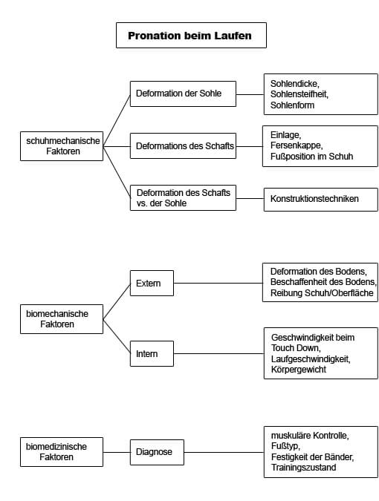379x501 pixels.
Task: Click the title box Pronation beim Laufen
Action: point(191,35)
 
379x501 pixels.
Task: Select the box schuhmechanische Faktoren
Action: point(62,146)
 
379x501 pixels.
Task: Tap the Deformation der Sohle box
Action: point(183,94)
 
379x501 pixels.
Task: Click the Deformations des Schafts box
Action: point(183,146)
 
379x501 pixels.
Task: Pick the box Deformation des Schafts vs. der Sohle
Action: point(183,197)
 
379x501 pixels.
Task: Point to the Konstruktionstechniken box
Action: point(320,200)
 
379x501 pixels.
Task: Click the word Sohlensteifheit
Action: point(299,94)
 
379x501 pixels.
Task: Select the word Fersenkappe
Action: point(297,145)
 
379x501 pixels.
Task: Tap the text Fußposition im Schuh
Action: point(311,157)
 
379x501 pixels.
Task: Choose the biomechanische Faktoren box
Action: point(62,319)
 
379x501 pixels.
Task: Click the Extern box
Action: point(152,283)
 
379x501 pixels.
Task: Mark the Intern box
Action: point(152,353)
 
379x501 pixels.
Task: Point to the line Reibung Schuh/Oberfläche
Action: point(322,293)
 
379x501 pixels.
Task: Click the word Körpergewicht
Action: point(299,370)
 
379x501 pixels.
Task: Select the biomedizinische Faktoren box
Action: point(62,452)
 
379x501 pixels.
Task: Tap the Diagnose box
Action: point(157,452)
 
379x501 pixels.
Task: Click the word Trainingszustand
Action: point(303,468)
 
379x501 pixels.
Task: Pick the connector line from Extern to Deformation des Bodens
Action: point(218,283)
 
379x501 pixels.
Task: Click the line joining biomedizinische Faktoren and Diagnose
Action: point(117,452)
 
